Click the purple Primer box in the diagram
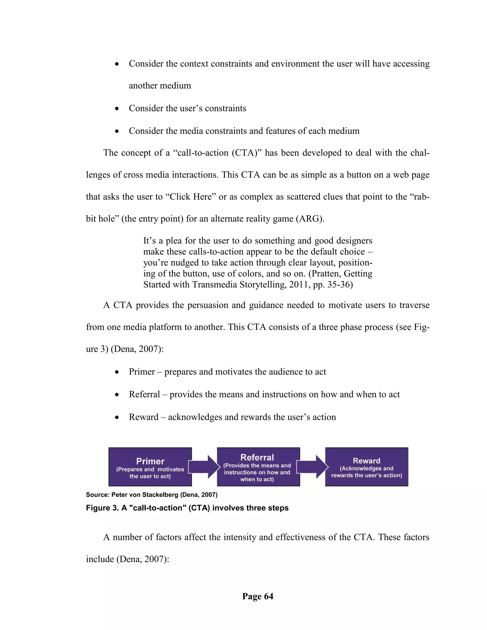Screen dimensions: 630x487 point(150,467)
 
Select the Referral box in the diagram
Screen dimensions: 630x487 point(258,467)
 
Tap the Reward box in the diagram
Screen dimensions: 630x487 point(366,467)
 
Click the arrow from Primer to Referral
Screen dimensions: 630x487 point(204,467)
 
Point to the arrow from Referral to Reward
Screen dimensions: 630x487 point(312,467)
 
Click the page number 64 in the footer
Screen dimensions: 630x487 point(258,596)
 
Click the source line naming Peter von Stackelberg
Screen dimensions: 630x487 point(151,495)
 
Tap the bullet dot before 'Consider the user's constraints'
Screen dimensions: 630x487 point(117,109)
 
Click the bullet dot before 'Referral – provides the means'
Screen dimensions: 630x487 point(117,395)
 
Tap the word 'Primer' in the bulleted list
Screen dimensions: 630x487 point(142,372)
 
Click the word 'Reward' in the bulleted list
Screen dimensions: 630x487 point(143,417)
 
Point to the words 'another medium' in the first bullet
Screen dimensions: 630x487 point(160,86)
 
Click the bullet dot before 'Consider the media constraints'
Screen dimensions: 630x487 point(117,131)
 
